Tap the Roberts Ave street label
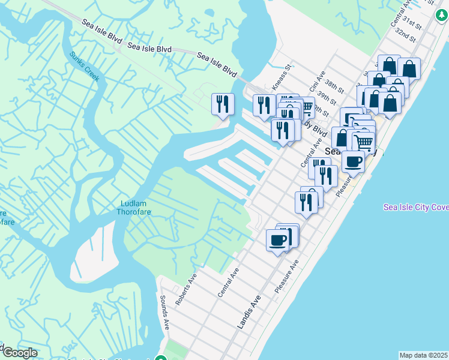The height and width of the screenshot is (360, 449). pyautogui.click(x=186, y=290)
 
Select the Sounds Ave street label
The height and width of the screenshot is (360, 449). pyautogui.click(x=164, y=312)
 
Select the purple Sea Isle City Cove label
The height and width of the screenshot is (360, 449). pyautogui.click(x=416, y=207)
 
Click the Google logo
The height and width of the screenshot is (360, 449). pyautogui.click(x=19, y=352)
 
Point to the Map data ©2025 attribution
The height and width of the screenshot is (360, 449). pyautogui.click(x=423, y=355)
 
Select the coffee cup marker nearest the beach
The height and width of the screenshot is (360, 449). pyautogui.click(x=353, y=161)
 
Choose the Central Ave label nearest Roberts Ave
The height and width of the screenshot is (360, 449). pyautogui.click(x=229, y=282)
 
